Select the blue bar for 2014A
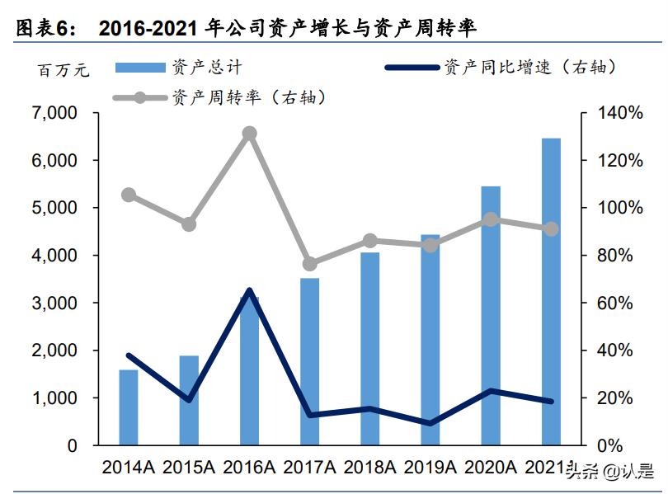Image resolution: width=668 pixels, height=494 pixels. (129, 407)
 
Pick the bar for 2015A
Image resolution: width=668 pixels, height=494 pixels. (189, 400)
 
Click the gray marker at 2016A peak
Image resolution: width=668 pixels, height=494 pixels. (249, 133)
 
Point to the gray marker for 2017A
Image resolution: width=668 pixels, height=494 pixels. (310, 264)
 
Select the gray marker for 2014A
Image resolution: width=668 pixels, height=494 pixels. (129, 195)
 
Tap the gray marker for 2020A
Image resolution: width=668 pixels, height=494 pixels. (491, 219)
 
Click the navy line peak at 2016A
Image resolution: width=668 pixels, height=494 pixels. (249, 290)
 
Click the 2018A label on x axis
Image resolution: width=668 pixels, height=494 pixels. (369, 468)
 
